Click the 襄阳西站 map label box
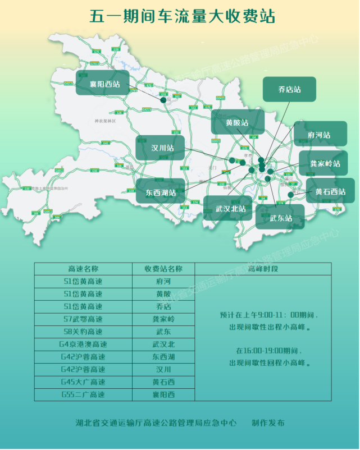tap(106, 84)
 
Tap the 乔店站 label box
tap(289, 89)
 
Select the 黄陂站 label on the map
tap(238, 122)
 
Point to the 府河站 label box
tap(320, 135)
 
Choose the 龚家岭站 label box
tap(326, 163)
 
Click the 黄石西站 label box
tap(330, 191)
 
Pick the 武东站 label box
tap(280, 217)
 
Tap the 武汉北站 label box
tap(231, 208)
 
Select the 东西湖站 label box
tap(161, 192)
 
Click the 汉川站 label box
tap(163, 148)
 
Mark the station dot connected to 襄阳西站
tap(163, 100)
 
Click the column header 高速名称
tap(83, 269)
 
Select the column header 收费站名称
tap(163, 269)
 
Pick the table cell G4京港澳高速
tap(83, 344)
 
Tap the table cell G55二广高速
tap(83, 394)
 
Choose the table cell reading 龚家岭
tap(163, 319)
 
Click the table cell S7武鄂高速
tap(83, 319)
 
